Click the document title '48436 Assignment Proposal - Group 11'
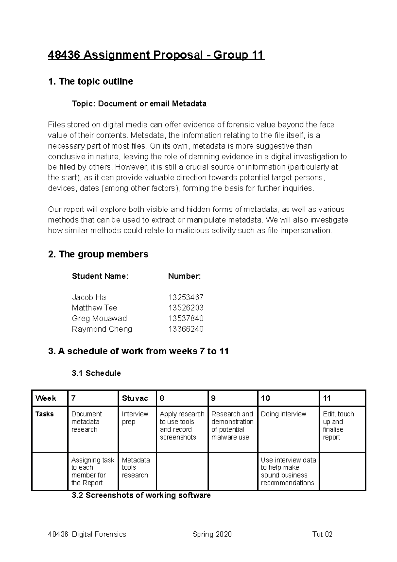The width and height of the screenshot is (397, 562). click(156, 55)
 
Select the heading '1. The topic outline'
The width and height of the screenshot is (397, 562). click(90, 81)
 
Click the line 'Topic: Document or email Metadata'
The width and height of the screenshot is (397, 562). click(139, 104)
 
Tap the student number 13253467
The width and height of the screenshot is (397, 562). click(186, 297)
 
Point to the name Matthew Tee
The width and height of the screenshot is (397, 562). click(95, 308)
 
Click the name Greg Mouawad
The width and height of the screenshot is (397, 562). click(99, 318)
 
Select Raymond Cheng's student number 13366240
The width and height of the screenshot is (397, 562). click(186, 329)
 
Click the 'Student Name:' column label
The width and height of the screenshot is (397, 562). click(100, 276)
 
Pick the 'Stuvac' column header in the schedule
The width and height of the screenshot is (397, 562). click(135, 398)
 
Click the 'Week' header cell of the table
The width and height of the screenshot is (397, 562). click(46, 398)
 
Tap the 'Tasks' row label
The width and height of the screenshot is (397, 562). click(45, 414)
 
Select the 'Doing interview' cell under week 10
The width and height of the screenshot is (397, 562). click(284, 414)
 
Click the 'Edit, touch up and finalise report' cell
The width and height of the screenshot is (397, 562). click(338, 425)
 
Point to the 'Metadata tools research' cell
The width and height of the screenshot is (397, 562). click(136, 467)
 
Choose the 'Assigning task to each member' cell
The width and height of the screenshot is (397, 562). click(93, 471)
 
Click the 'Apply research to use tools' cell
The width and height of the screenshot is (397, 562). click(182, 425)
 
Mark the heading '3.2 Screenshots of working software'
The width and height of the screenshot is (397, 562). click(141, 495)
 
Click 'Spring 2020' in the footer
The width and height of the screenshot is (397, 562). click(212, 534)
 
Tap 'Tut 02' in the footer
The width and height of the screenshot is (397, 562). click(322, 534)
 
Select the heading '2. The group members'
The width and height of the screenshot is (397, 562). click(98, 254)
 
